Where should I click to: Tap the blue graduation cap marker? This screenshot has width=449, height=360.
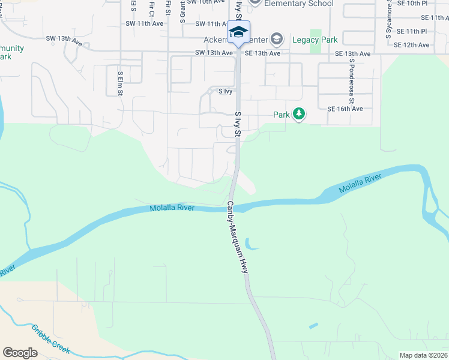click(x=238, y=32)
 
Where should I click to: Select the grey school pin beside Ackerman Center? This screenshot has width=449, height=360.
click(x=277, y=40)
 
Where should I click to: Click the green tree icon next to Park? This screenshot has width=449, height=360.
click(x=299, y=114)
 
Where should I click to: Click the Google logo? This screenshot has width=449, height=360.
click(x=20, y=353)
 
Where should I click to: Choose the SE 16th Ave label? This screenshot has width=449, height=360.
click(x=345, y=109)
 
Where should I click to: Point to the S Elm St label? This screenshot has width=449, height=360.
click(x=121, y=83)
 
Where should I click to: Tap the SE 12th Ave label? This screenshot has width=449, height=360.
click(x=424, y=45)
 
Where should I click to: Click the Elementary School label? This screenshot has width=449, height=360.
click(x=299, y=4)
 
